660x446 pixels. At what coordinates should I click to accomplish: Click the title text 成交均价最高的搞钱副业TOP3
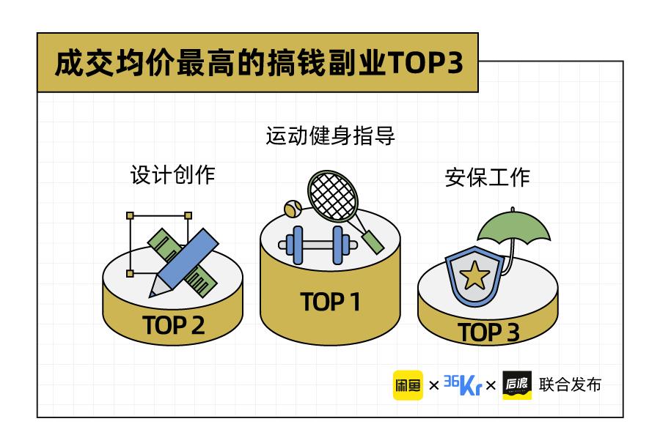tap(259, 63)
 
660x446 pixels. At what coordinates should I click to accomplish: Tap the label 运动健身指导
tap(330, 135)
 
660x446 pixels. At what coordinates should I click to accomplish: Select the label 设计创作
tap(172, 174)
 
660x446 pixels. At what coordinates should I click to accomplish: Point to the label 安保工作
tap(488, 177)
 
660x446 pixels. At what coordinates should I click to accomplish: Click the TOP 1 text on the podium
tap(330, 302)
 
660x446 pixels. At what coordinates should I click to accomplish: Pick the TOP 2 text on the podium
tap(173, 325)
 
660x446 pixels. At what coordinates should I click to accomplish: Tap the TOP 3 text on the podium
tap(488, 332)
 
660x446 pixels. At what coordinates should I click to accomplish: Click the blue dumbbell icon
tap(318, 245)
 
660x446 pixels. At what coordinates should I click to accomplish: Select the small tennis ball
tap(293, 209)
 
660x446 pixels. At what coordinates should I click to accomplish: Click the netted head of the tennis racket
tap(332, 196)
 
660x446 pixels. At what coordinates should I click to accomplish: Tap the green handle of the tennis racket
tap(373, 242)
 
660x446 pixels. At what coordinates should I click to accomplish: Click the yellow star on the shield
tap(474, 275)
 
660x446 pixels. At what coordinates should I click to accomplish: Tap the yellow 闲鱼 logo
tap(408, 385)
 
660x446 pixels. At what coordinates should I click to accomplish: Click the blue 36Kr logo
tap(463, 384)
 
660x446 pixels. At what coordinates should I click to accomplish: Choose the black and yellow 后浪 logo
tap(517, 385)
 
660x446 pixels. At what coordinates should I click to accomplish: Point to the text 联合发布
tap(570, 384)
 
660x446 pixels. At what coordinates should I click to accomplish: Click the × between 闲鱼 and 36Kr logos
tap(433, 385)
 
